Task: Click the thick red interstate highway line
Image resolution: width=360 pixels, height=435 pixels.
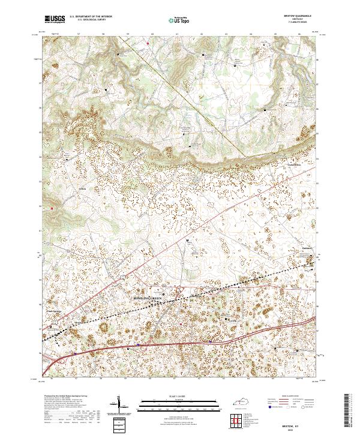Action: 180,344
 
